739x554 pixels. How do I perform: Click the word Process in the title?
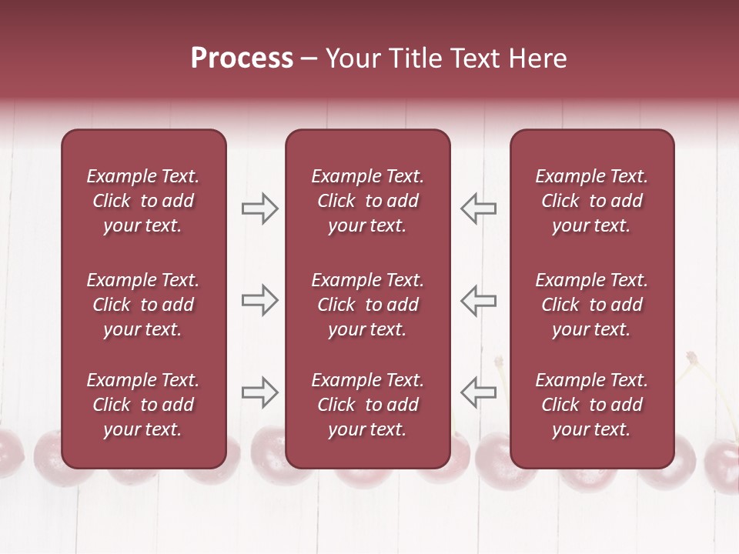[242, 58]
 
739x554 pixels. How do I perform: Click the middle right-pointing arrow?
[259, 300]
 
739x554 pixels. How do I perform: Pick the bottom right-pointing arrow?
[259, 392]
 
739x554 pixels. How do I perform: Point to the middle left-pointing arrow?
[478, 300]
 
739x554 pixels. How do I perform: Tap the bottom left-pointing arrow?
[478, 392]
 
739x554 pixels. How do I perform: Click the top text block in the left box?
[143, 201]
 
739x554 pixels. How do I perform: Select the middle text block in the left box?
[143, 305]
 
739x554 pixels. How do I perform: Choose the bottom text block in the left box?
[143, 405]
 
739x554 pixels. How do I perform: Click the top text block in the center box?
[368, 201]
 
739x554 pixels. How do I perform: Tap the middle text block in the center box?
[368, 305]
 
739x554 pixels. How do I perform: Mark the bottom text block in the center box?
[368, 405]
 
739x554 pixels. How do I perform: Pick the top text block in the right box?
[592, 201]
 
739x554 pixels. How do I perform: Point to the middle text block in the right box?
[592, 305]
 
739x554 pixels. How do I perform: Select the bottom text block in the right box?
[592, 405]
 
